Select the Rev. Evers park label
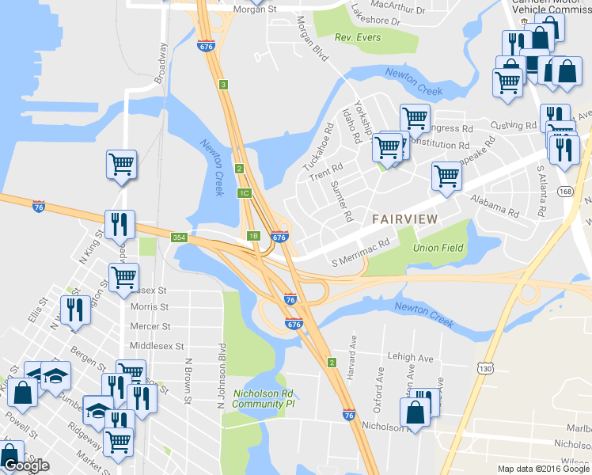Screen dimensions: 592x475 click(357, 37)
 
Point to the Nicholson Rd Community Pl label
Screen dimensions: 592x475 click(264, 398)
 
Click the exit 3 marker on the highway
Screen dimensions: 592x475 click(224, 85)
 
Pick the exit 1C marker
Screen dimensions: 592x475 click(244, 192)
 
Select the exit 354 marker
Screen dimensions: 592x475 click(180, 237)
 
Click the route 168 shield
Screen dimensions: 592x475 click(564, 192)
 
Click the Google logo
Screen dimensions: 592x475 click(26, 465)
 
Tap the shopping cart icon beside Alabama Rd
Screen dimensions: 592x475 click(447, 176)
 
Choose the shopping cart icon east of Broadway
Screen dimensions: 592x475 click(121, 164)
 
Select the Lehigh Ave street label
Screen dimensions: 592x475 click(410, 358)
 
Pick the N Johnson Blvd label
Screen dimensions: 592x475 click(222, 376)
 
